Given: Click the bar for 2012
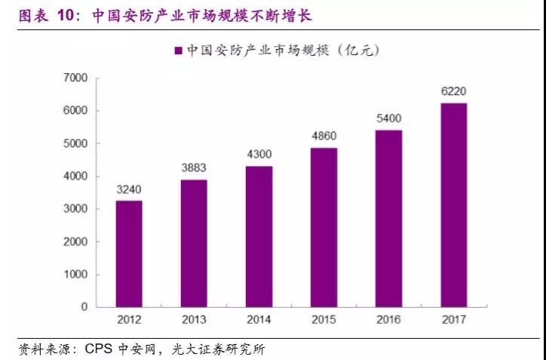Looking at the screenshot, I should [x=129, y=254].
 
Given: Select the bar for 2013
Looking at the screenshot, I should [x=194, y=243].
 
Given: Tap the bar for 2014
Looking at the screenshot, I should [x=259, y=236].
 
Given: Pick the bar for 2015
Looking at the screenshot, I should [x=324, y=227].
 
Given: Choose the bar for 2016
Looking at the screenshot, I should [x=388, y=218].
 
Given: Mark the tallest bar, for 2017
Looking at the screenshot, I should [x=453, y=205].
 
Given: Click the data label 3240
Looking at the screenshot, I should [x=129, y=190].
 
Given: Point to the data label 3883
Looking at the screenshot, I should [x=194, y=169].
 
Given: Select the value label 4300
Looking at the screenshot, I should [x=259, y=155].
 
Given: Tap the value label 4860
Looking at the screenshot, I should [x=324, y=137].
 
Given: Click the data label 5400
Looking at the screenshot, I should [x=388, y=118].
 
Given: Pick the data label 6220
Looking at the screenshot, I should [x=453, y=91].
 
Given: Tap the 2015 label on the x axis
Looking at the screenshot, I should [x=324, y=320].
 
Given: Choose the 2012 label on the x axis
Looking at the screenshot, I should [x=129, y=320].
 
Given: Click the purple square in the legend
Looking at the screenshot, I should [x=179, y=51].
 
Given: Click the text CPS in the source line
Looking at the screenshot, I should [x=100, y=350].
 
